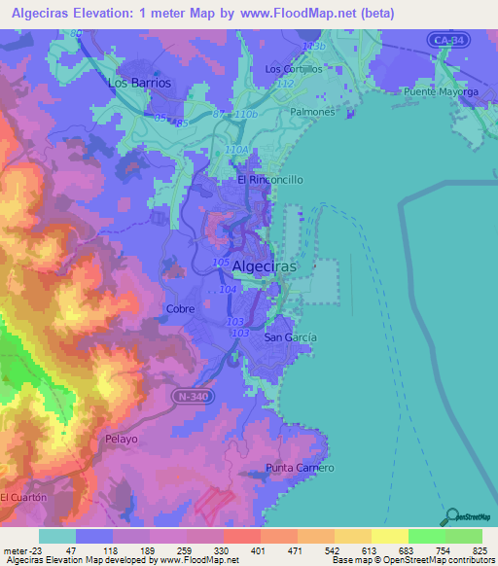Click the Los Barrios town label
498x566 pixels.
coord(139,83)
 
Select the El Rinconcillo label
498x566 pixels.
coord(270,180)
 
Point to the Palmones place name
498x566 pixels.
coord(312,112)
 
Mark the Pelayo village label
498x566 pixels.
coord(122,440)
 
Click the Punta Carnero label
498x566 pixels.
coord(301,468)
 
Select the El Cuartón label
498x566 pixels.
coord(23,497)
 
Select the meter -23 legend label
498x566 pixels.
coord(19,550)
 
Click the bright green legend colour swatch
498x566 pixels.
coord(426,536)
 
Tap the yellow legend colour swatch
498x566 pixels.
coord(389,536)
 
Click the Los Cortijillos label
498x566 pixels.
coord(293,69)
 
